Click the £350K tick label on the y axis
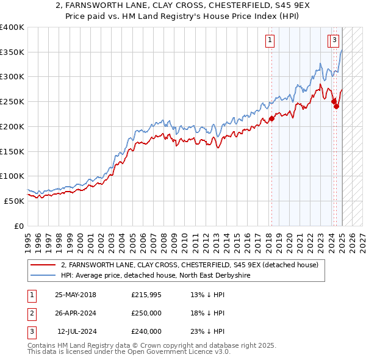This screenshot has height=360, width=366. tap(12, 52)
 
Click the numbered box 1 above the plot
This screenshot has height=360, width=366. tap(270, 41)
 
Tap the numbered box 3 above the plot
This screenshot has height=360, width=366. tap(335, 41)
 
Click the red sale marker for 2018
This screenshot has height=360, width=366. tap(271, 118)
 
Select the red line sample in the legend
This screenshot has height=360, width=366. tap(43, 265)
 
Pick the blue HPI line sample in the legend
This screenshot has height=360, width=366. tap(43, 276)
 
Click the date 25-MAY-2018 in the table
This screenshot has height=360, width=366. tap(75, 295)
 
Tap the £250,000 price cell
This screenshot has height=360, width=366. tap(146, 314)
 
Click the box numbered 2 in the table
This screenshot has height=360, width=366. tap(30, 314)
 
